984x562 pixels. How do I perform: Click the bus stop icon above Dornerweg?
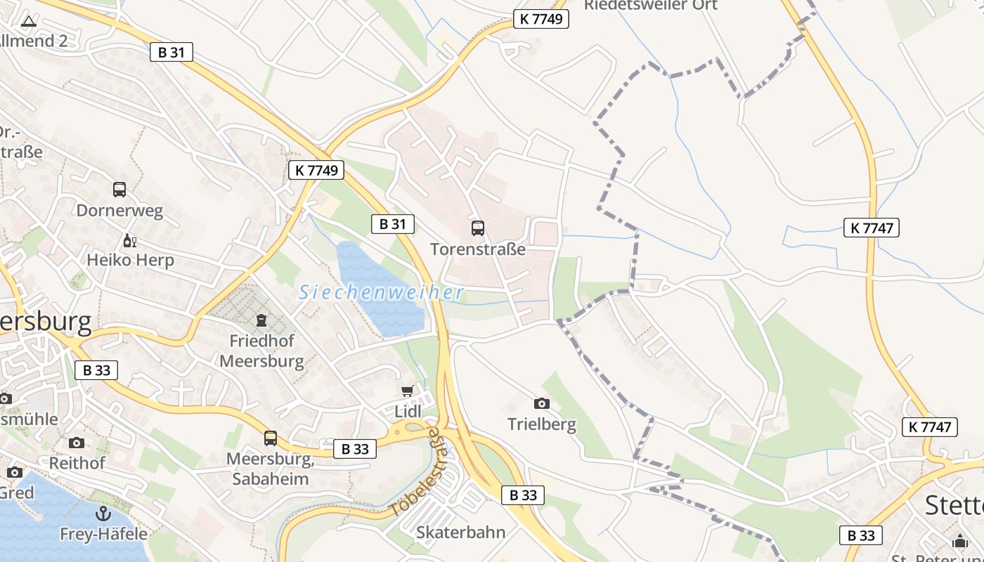click(x=119, y=189)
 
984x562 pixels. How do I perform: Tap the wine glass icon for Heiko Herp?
click(x=129, y=241)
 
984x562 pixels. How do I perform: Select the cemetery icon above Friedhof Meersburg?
click(x=261, y=321)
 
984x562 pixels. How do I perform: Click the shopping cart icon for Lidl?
click(x=408, y=391)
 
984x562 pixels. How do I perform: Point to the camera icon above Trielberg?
click(x=541, y=403)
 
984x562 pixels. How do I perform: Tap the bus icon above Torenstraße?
click(x=478, y=228)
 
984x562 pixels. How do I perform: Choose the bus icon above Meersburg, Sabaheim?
click(x=271, y=438)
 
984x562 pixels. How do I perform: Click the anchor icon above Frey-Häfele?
click(x=103, y=514)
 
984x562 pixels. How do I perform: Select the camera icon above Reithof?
click(x=77, y=443)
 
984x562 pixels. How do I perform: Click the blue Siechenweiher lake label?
click(x=381, y=292)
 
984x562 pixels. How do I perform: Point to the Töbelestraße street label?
click(x=417, y=471)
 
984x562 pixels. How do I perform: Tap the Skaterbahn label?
click(x=460, y=532)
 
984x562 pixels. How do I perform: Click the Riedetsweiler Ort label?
click(x=651, y=6)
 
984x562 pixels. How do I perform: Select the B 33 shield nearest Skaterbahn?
click(x=523, y=495)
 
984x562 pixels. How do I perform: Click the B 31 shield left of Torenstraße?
click(x=392, y=224)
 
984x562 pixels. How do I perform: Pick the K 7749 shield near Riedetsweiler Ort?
click(x=540, y=19)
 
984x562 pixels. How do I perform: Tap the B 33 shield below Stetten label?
click(x=861, y=535)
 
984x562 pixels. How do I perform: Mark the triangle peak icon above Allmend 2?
click(x=28, y=21)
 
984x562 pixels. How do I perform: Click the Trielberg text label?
click(x=542, y=424)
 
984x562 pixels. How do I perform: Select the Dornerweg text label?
click(x=119, y=210)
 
